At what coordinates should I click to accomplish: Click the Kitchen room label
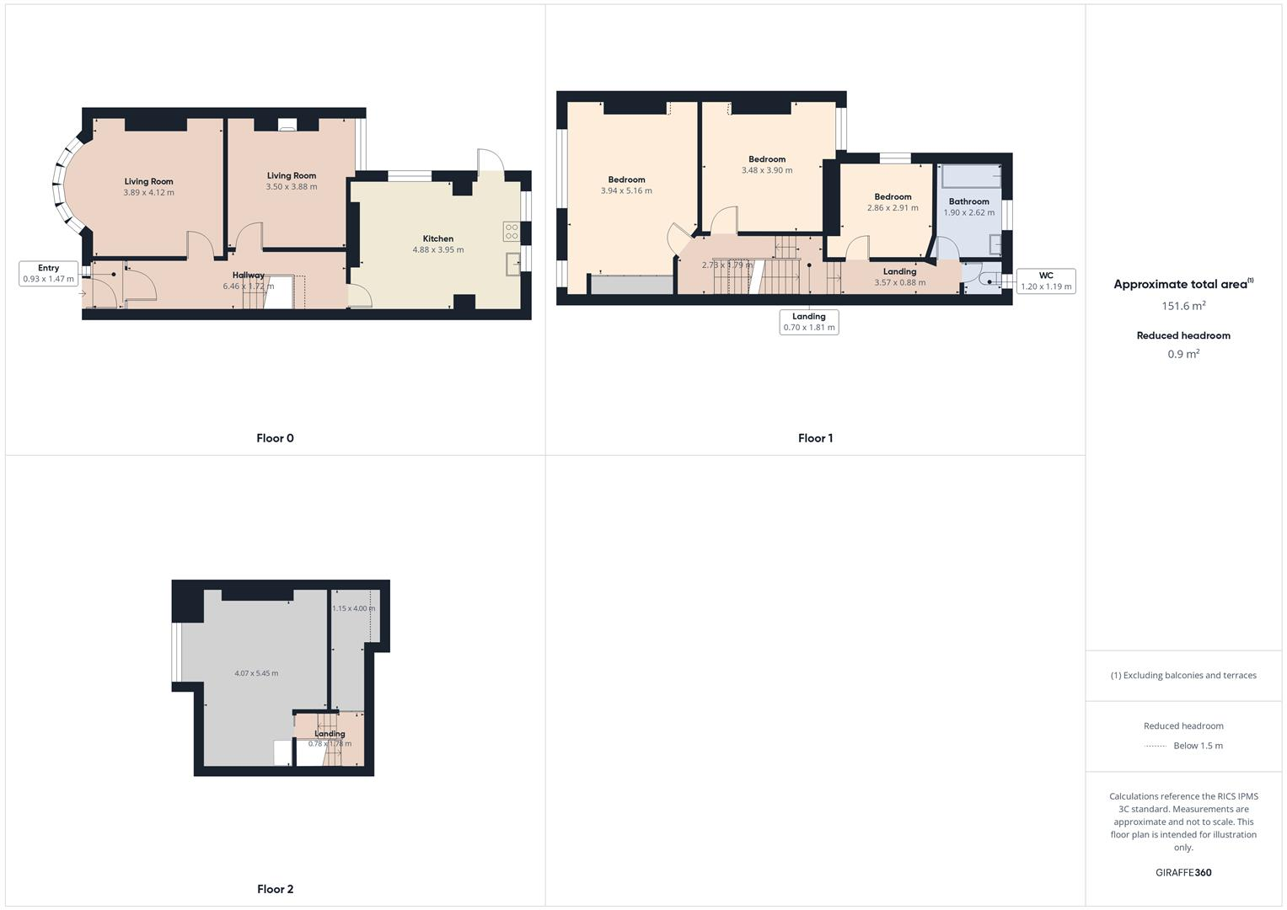tap(438, 238)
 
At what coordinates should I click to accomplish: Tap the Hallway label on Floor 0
tap(249, 275)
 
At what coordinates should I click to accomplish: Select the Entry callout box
tap(48, 273)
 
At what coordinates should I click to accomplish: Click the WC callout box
tap(1046, 281)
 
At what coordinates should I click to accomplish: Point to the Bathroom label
tap(968, 201)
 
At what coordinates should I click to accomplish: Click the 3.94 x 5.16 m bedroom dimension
tap(626, 190)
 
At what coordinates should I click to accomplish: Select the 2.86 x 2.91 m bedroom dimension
tap(893, 207)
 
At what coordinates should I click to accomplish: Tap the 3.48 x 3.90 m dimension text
tap(767, 170)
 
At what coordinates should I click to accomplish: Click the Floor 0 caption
tap(275, 438)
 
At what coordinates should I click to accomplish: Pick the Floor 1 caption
tap(815, 438)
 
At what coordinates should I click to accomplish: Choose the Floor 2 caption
tap(275, 889)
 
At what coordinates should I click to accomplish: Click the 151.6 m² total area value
tap(1183, 306)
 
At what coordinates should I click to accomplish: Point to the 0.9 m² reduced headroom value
tap(1183, 354)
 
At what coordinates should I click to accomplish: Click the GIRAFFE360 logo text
tap(1183, 872)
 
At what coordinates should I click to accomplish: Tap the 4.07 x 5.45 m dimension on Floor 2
tap(256, 673)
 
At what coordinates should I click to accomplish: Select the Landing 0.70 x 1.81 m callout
tap(809, 322)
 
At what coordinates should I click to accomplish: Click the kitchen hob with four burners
tap(512, 231)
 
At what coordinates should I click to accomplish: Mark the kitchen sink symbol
tap(513, 265)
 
